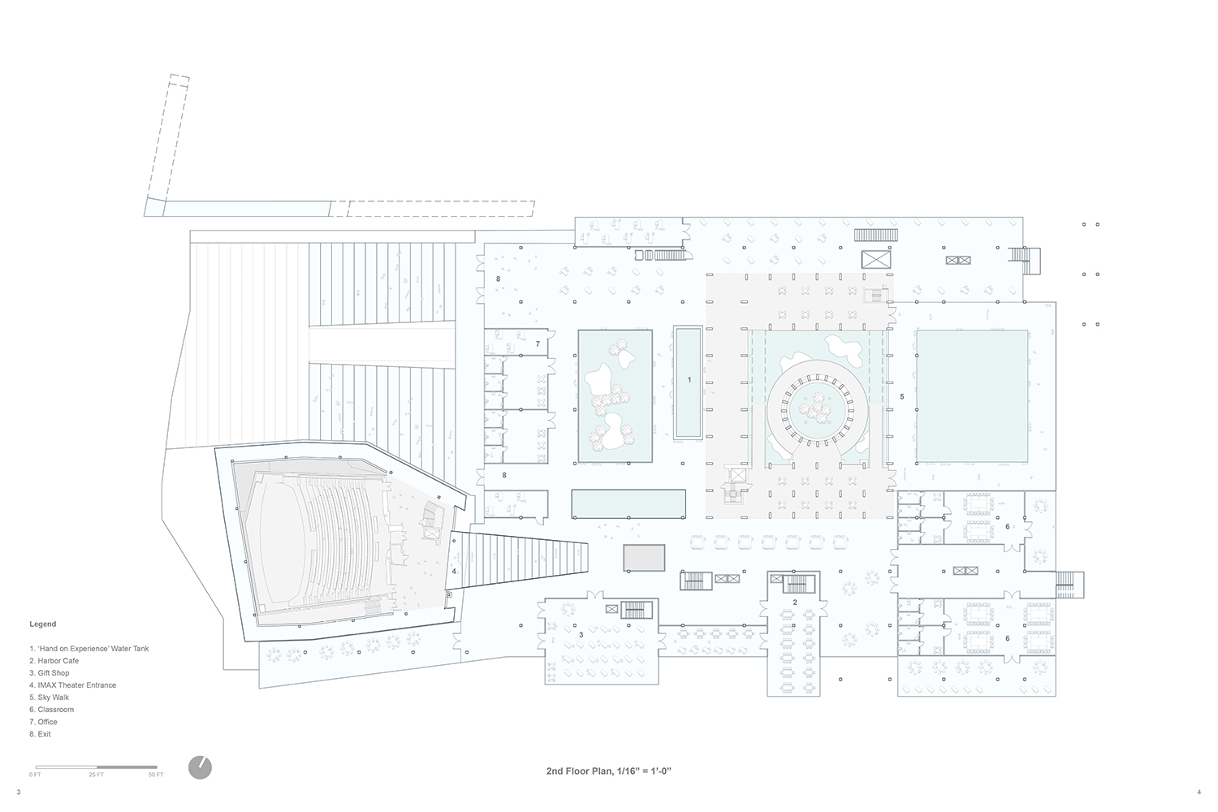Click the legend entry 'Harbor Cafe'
pos(54,661)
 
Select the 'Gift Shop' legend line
pos(50,673)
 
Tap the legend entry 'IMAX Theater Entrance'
pos(73,685)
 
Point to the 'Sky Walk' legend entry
pos(50,698)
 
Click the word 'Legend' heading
pos(43,624)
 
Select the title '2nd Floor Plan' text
pos(580,771)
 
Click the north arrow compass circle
pos(200,767)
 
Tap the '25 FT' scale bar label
pos(97,775)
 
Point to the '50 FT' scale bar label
pos(156,775)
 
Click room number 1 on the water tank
pos(689,380)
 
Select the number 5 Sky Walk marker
pos(902,396)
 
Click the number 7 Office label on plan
pos(538,343)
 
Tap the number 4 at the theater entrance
pos(454,571)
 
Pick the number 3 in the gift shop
pos(581,635)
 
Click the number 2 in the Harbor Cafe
pos(795,602)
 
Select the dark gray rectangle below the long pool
pos(644,558)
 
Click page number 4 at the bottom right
pos(1199,792)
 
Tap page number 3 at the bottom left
pos(19,792)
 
